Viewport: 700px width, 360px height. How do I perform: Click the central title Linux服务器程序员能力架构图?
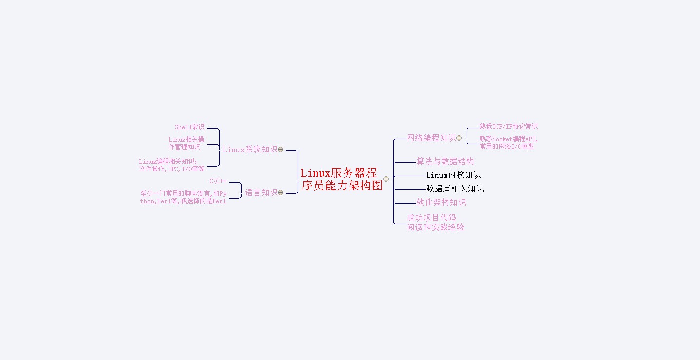point(342,179)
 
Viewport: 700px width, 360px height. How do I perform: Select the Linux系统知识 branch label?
point(250,150)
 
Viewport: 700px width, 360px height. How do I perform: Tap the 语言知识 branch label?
point(261,192)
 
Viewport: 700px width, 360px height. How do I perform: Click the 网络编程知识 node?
point(431,138)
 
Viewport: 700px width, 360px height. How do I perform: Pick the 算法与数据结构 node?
point(445,161)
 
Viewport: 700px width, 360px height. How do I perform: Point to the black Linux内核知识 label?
point(453,175)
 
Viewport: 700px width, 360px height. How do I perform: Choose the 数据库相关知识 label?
point(455,189)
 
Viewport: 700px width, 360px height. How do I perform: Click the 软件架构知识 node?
point(441,202)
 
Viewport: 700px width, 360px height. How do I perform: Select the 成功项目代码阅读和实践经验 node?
point(435,223)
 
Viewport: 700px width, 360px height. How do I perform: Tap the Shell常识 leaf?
point(190,127)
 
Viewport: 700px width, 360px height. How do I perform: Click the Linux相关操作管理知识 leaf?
point(186,143)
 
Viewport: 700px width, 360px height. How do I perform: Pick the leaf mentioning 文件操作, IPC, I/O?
point(172,165)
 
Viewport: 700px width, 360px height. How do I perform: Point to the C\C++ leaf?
point(218,181)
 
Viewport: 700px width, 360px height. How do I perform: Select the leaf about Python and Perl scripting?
point(183,197)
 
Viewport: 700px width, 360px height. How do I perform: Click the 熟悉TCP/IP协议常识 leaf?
point(508,127)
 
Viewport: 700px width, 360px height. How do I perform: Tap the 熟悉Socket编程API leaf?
point(508,143)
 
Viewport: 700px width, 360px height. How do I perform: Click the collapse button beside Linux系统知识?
point(281,150)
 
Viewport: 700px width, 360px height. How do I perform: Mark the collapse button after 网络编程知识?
point(459,138)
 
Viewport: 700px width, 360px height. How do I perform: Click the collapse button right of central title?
point(386,179)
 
